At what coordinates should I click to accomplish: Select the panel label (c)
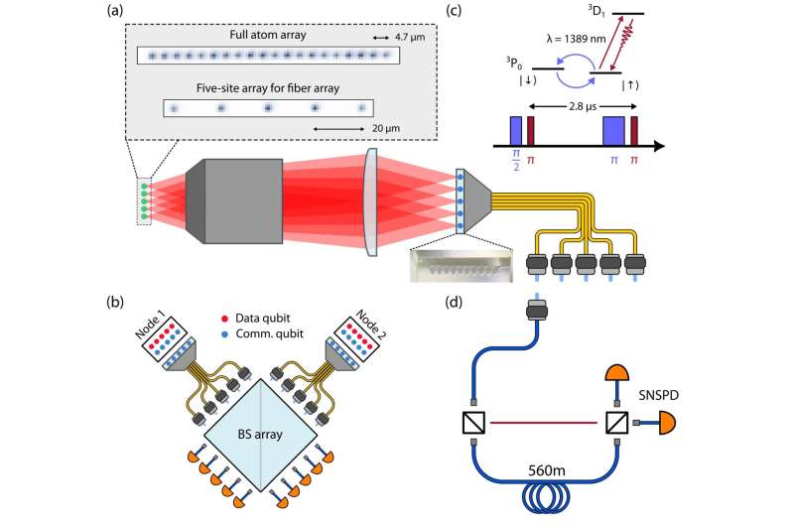point(481,12)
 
